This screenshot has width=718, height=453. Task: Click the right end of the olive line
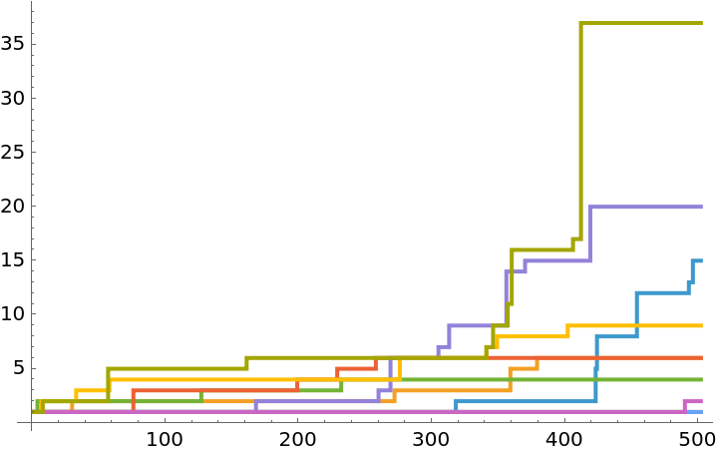click(701, 23)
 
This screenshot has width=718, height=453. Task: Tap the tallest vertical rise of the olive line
click(580, 130)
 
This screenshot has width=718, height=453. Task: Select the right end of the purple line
click(701, 207)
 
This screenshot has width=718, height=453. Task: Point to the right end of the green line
click(701, 379)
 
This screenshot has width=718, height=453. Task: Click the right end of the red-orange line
click(701, 357)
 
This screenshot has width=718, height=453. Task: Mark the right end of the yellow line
click(701, 325)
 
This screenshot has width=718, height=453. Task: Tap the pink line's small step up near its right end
click(684, 406)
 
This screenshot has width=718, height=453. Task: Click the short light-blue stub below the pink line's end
click(699, 411)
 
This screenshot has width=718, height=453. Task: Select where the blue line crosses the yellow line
click(636, 325)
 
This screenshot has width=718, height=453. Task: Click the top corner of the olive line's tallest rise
click(580, 23)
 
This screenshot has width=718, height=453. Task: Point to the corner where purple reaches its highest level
click(589, 207)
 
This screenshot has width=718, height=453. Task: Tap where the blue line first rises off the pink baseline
click(456, 406)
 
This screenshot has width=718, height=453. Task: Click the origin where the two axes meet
click(31, 422)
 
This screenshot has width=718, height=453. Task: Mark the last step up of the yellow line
click(567, 330)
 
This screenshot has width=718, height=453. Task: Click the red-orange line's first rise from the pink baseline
click(133, 400)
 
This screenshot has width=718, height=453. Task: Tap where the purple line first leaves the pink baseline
click(255, 406)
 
